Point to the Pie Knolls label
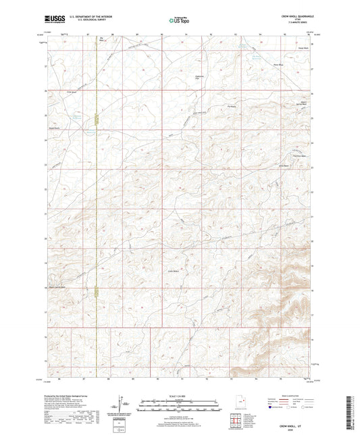click(232, 105)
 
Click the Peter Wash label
click(276, 66)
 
